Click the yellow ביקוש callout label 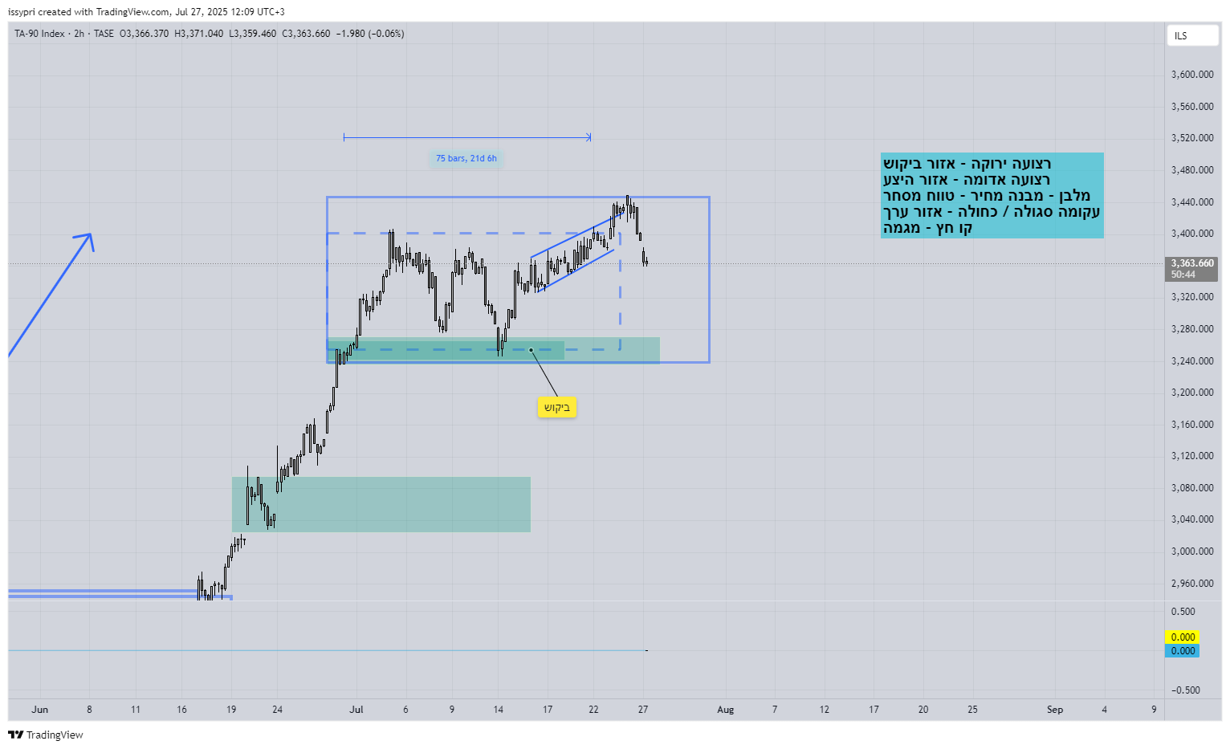tap(556, 408)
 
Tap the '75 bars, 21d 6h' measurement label tap(466, 158)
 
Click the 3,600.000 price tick tap(1192, 75)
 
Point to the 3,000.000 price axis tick tap(1192, 552)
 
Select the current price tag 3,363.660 tap(1191, 263)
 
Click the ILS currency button tap(1192, 36)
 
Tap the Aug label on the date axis tap(725, 710)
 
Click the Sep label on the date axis tap(1054, 710)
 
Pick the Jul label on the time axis tap(356, 710)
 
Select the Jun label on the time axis tap(40, 710)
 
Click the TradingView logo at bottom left tap(46, 735)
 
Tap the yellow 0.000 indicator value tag tap(1182, 637)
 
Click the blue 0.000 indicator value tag tap(1182, 651)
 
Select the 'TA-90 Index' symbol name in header tap(39, 34)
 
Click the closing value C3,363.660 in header tap(306, 34)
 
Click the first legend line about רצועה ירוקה tap(967, 164)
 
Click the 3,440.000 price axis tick tap(1192, 202)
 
